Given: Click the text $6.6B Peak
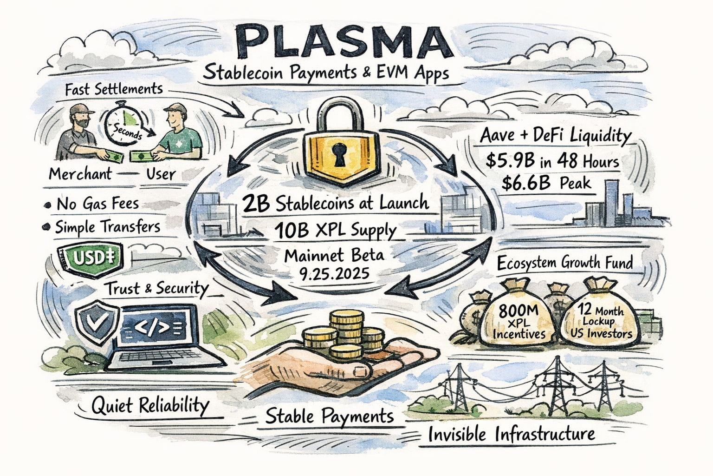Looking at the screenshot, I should click(546, 182).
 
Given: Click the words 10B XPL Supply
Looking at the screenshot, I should click(335, 231).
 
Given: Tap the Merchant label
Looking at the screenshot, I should click(80, 174).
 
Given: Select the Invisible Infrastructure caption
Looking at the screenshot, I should click(511, 435).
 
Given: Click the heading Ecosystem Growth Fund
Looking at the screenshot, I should click(564, 263).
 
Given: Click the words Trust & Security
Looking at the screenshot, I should click(157, 289).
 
